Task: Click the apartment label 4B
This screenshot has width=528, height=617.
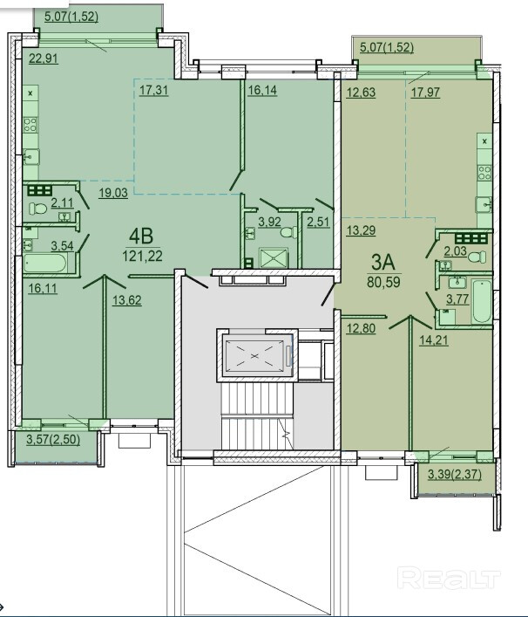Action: (141, 237)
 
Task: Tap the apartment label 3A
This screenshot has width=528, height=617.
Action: (383, 263)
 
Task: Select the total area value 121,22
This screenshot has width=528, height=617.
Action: (142, 257)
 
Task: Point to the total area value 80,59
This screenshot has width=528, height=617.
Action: (384, 282)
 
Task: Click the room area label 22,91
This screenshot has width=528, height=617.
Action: (44, 58)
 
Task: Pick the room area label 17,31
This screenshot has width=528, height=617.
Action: (153, 90)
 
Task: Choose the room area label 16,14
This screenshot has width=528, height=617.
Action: (262, 90)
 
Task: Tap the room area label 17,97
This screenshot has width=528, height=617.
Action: (425, 93)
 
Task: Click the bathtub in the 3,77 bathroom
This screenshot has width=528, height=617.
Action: (482, 301)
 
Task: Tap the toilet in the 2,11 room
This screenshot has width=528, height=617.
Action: (38, 208)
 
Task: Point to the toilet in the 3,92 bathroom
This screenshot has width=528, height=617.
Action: (289, 232)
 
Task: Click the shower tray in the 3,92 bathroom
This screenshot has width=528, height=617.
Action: (274, 257)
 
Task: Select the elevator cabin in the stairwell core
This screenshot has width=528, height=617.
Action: (254, 356)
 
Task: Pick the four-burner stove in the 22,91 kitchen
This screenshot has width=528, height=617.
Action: (30, 125)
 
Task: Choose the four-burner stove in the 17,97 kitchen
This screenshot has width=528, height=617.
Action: (484, 172)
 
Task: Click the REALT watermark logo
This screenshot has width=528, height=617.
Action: (449, 578)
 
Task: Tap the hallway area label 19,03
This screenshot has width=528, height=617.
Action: (113, 193)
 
